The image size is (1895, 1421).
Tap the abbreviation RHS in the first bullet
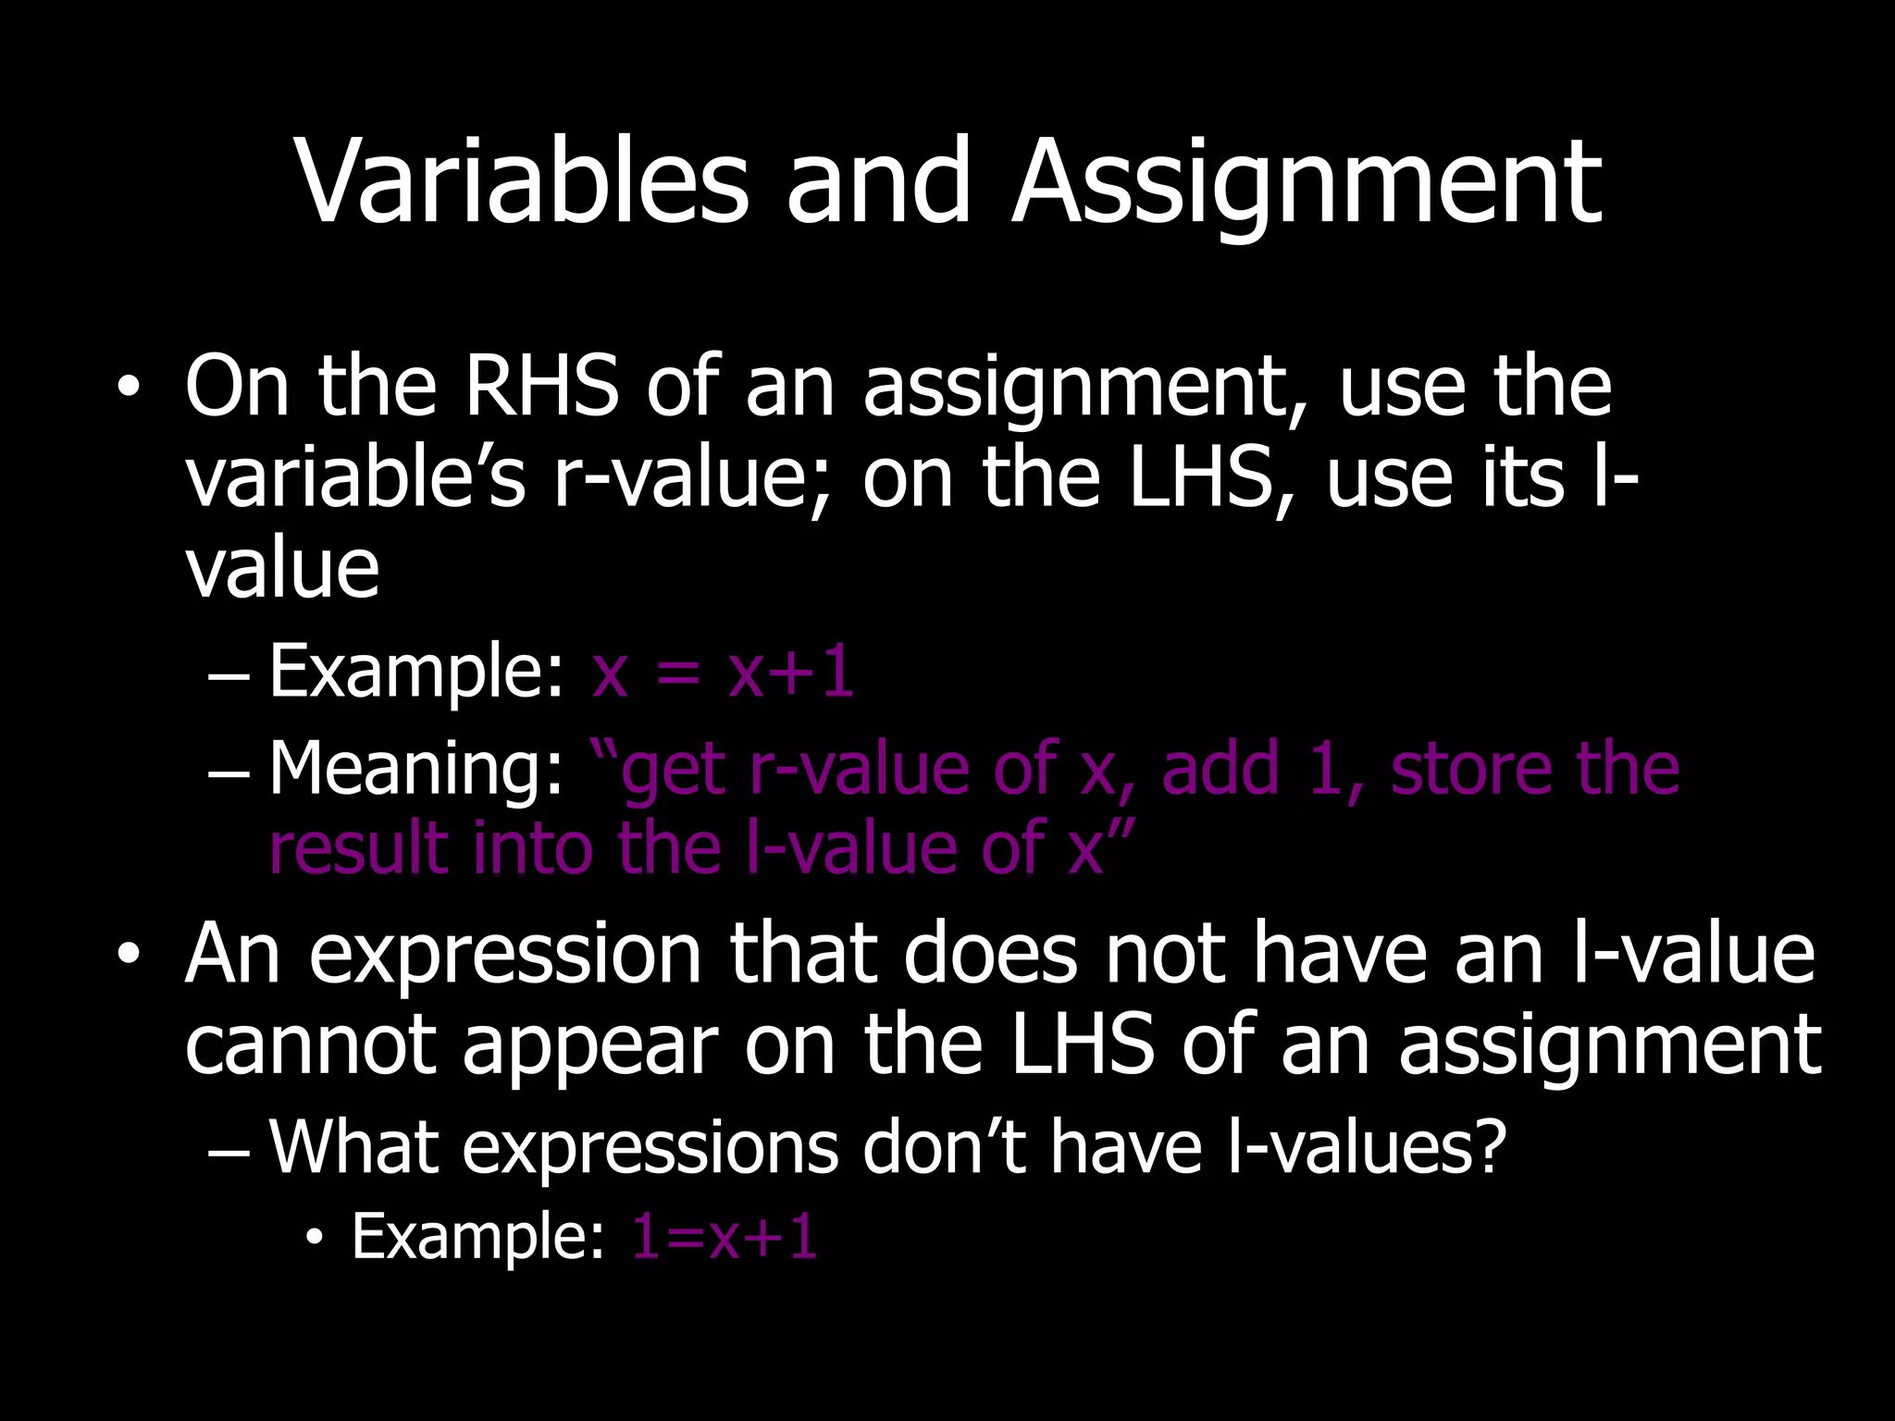(x=541, y=386)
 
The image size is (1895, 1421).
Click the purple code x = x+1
(x=723, y=673)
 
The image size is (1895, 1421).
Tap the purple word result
(x=358, y=848)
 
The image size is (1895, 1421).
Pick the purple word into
(x=533, y=848)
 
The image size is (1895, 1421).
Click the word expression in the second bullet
(x=504, y=955)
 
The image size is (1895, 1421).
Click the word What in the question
(x=353, y=1147)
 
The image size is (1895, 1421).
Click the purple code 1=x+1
(x=725, y=1237)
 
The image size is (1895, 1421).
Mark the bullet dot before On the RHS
(x=129, y=388)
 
